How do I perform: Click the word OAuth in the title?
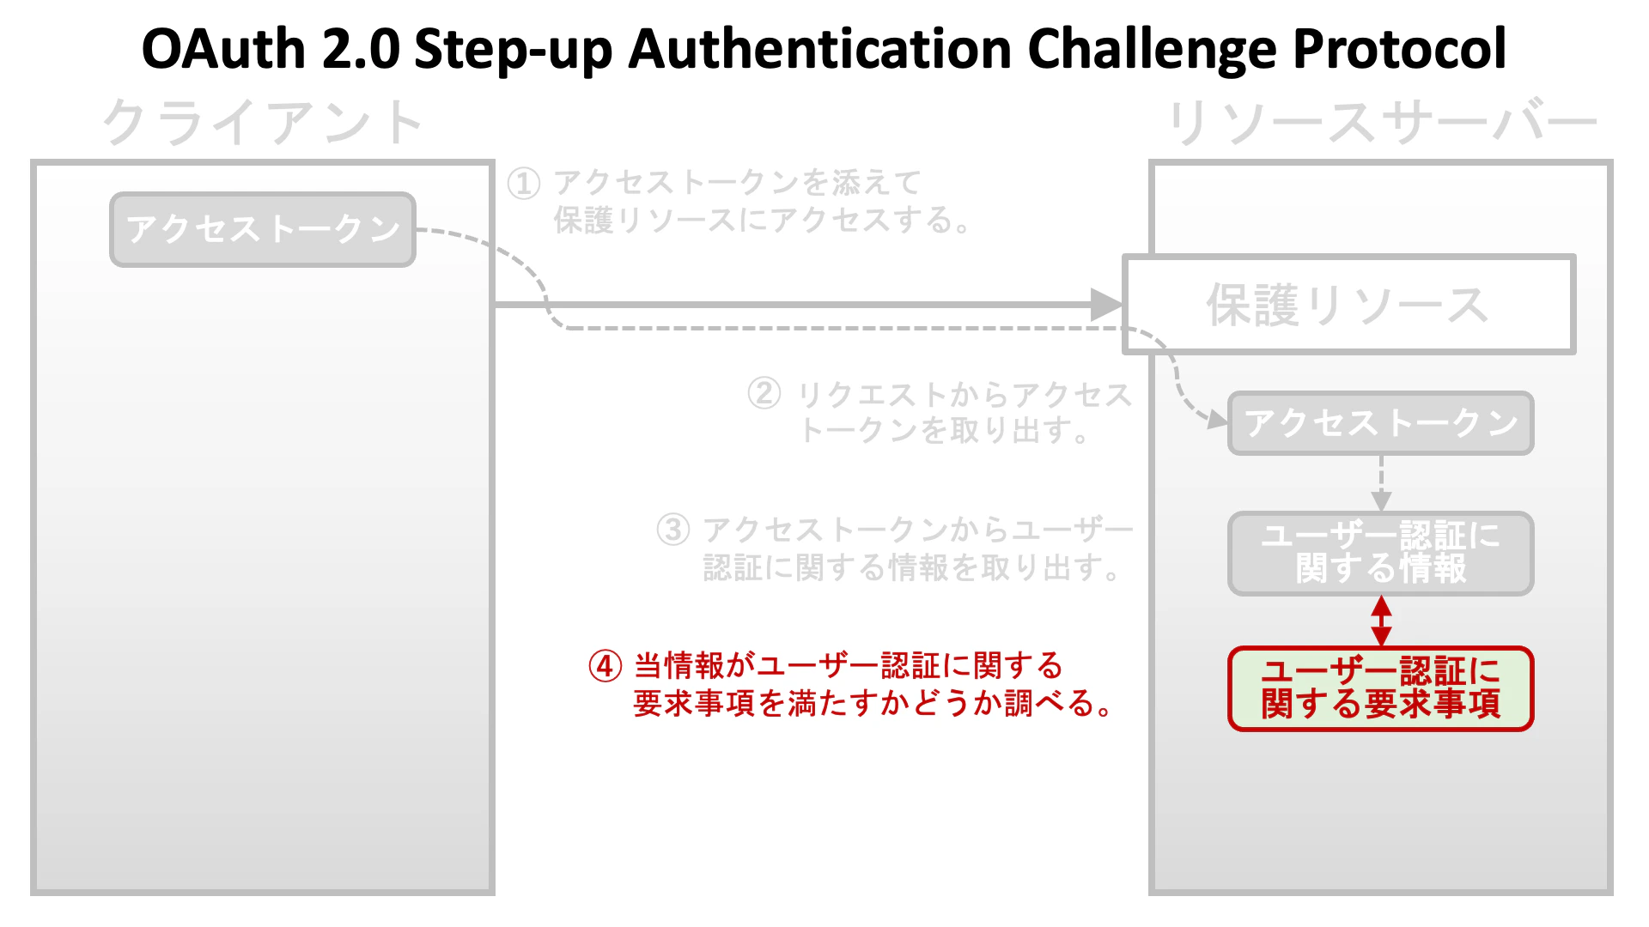coord(224,49)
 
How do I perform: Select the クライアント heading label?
coord(263,123)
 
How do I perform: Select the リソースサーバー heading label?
coord(1381,123)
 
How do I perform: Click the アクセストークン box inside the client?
coord(263,229)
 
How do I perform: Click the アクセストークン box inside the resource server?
coord(1381,423)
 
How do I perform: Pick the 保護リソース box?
coord(1348,305)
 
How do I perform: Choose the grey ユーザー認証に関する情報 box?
coord(1381,553)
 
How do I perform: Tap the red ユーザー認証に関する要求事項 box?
coord(1381,688)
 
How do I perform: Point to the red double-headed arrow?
coord(1381,621)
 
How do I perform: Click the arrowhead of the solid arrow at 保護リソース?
coord(1106,305)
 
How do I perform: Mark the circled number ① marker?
coord(524,183)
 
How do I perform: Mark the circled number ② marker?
coord(764,394)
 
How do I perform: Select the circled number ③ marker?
coord(673,530)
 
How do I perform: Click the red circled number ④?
coord(605,666)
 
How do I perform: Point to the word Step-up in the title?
coord(513,49)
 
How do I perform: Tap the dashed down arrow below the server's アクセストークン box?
coord(1381,484)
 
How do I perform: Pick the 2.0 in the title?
coord(361,49)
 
